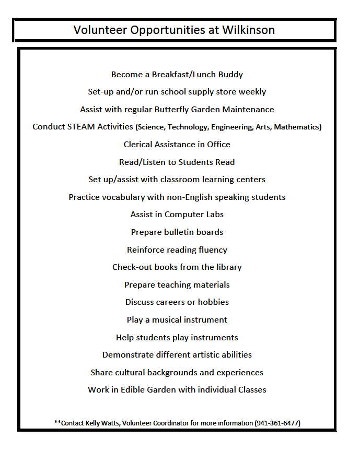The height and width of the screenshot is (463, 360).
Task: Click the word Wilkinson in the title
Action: (x=249, y=30)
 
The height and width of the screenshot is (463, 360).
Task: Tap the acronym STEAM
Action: (x=80, y=127)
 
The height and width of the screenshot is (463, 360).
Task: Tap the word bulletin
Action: (x=177, y=232)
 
